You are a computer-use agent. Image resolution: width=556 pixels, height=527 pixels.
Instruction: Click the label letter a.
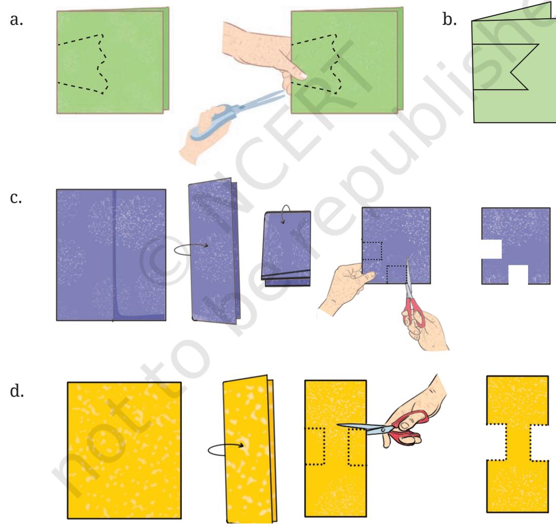(x=16, y=20)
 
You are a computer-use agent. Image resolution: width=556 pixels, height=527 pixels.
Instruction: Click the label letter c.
(x=16, y=198)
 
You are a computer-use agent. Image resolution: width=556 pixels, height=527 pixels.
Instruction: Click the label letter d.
(x=17, y=391)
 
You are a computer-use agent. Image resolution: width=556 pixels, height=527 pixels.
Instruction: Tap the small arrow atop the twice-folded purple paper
(x=286, y=213)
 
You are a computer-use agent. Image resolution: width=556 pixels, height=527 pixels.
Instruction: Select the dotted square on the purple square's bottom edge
(x=397, y=275)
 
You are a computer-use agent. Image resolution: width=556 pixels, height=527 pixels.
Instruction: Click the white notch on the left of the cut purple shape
(x=492, y=249)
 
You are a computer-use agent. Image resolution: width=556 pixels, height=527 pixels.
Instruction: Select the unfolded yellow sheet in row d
(x=125, y=450)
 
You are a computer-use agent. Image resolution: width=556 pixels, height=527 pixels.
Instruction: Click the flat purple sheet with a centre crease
(x=111, y=255)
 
